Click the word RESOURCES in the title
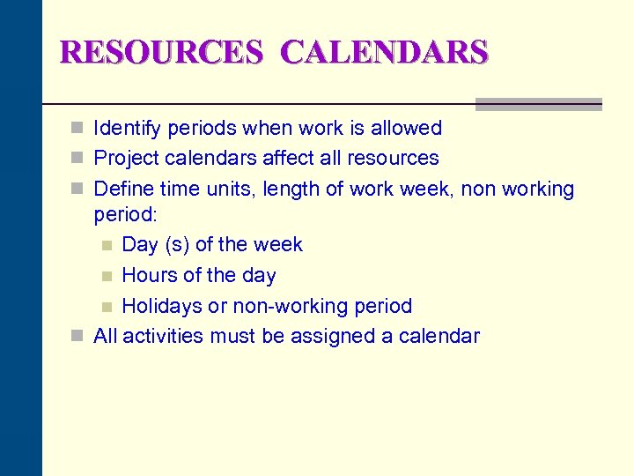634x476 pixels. (161, 52)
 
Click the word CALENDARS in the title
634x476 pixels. (384, 52)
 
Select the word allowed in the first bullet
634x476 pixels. (406, 129)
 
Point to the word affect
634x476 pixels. (280, 159)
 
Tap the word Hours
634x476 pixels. (148, 275)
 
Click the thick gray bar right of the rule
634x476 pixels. (538, 104)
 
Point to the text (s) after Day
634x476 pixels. (174, 245)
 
